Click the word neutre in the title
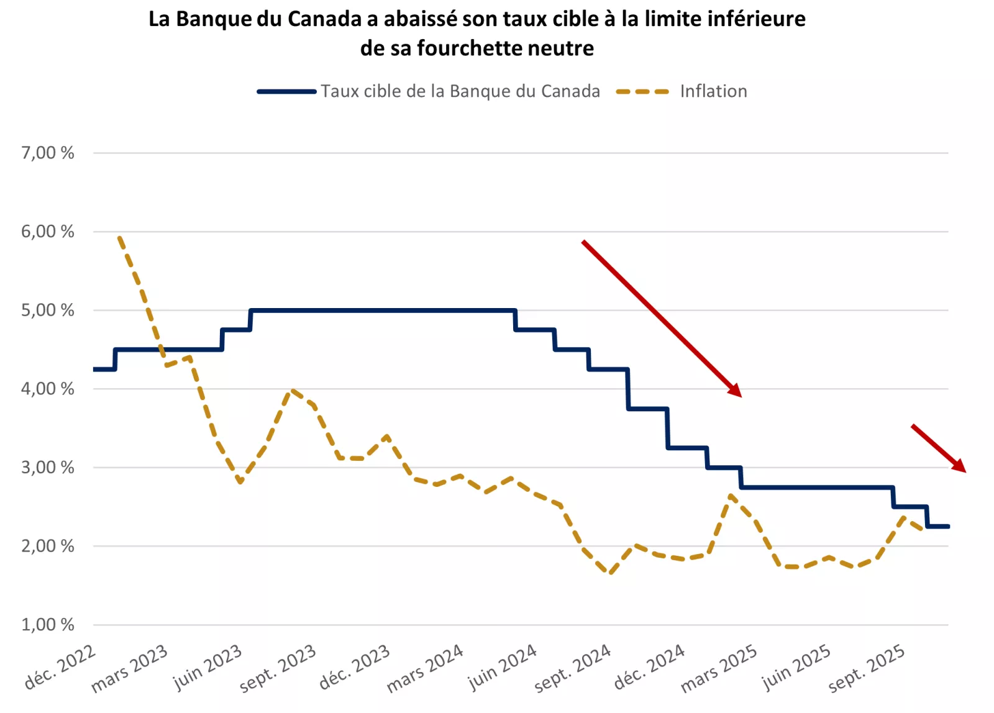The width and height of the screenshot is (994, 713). pos(563,48)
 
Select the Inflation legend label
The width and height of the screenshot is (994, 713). pos(713,91)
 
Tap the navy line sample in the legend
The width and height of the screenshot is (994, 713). pos(286,92)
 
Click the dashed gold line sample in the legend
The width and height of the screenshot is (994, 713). pos(643,92)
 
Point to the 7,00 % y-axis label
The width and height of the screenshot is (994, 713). pos(48,153)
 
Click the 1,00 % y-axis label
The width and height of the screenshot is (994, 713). pos(48,624)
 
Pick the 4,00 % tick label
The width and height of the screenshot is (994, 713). pos(48,389)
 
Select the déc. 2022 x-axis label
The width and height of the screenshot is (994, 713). pos(61,668)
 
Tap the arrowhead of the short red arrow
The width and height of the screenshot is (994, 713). pos(960,466)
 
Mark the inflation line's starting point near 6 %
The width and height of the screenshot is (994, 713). pos(119,237)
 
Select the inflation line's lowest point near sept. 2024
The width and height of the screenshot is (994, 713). pos(610,573)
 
